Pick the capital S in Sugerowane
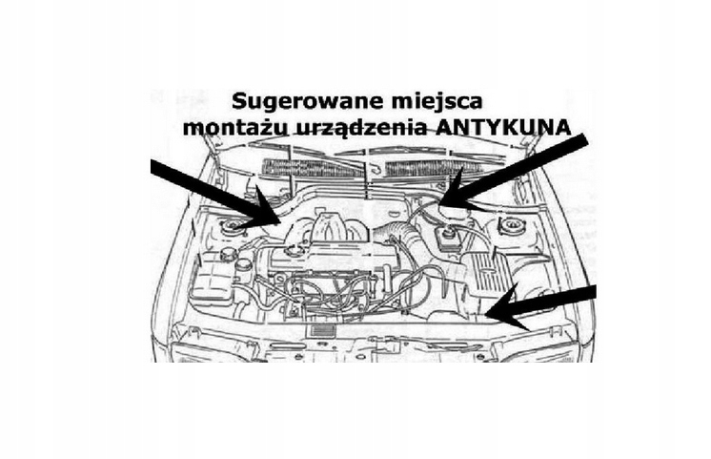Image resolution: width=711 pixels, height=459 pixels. coord(238,100)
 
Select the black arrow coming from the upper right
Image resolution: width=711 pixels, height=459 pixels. coord(519,171)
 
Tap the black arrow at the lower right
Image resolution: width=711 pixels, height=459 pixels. coord(543,303)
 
